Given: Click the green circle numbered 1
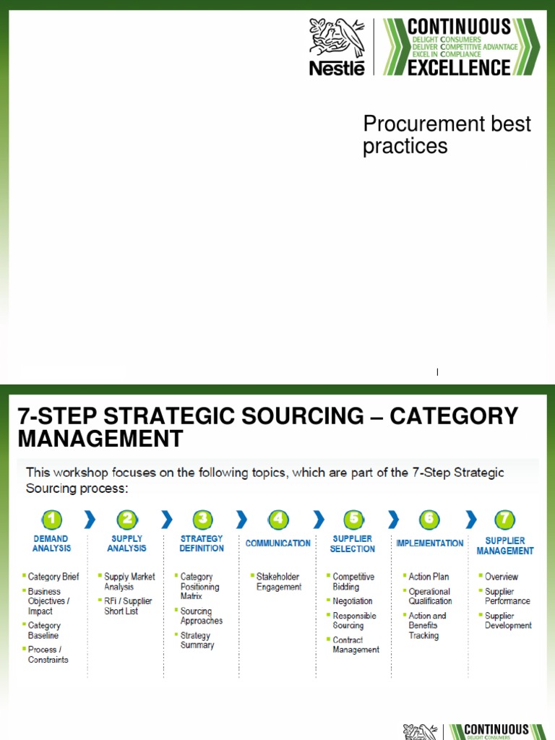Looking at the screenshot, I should coord(51,519).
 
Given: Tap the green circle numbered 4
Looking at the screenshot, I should coord(277,519).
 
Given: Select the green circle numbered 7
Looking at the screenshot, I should coord(504,519).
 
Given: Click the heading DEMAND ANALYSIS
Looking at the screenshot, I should coord(51,543).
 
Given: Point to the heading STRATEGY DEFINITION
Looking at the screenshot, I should coord(202,543).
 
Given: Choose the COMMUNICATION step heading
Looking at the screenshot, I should coord(278,543).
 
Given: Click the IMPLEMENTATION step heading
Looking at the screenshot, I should coord(429,543).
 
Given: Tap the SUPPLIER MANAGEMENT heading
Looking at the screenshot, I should coord(505,546).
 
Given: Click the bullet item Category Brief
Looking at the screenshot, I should coord(53,577).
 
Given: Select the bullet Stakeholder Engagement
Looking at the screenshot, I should coord(279,582).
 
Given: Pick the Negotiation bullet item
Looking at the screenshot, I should coord(353,601).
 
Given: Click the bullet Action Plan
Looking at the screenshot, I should coord(429,577).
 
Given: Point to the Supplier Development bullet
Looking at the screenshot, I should coord(508,621).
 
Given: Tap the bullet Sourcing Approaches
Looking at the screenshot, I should coord(202,616).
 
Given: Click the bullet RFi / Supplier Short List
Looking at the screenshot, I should coord(128,606).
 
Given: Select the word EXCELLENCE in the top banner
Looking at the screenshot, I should coord(459,68).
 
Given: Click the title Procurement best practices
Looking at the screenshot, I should coord(447,134).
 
